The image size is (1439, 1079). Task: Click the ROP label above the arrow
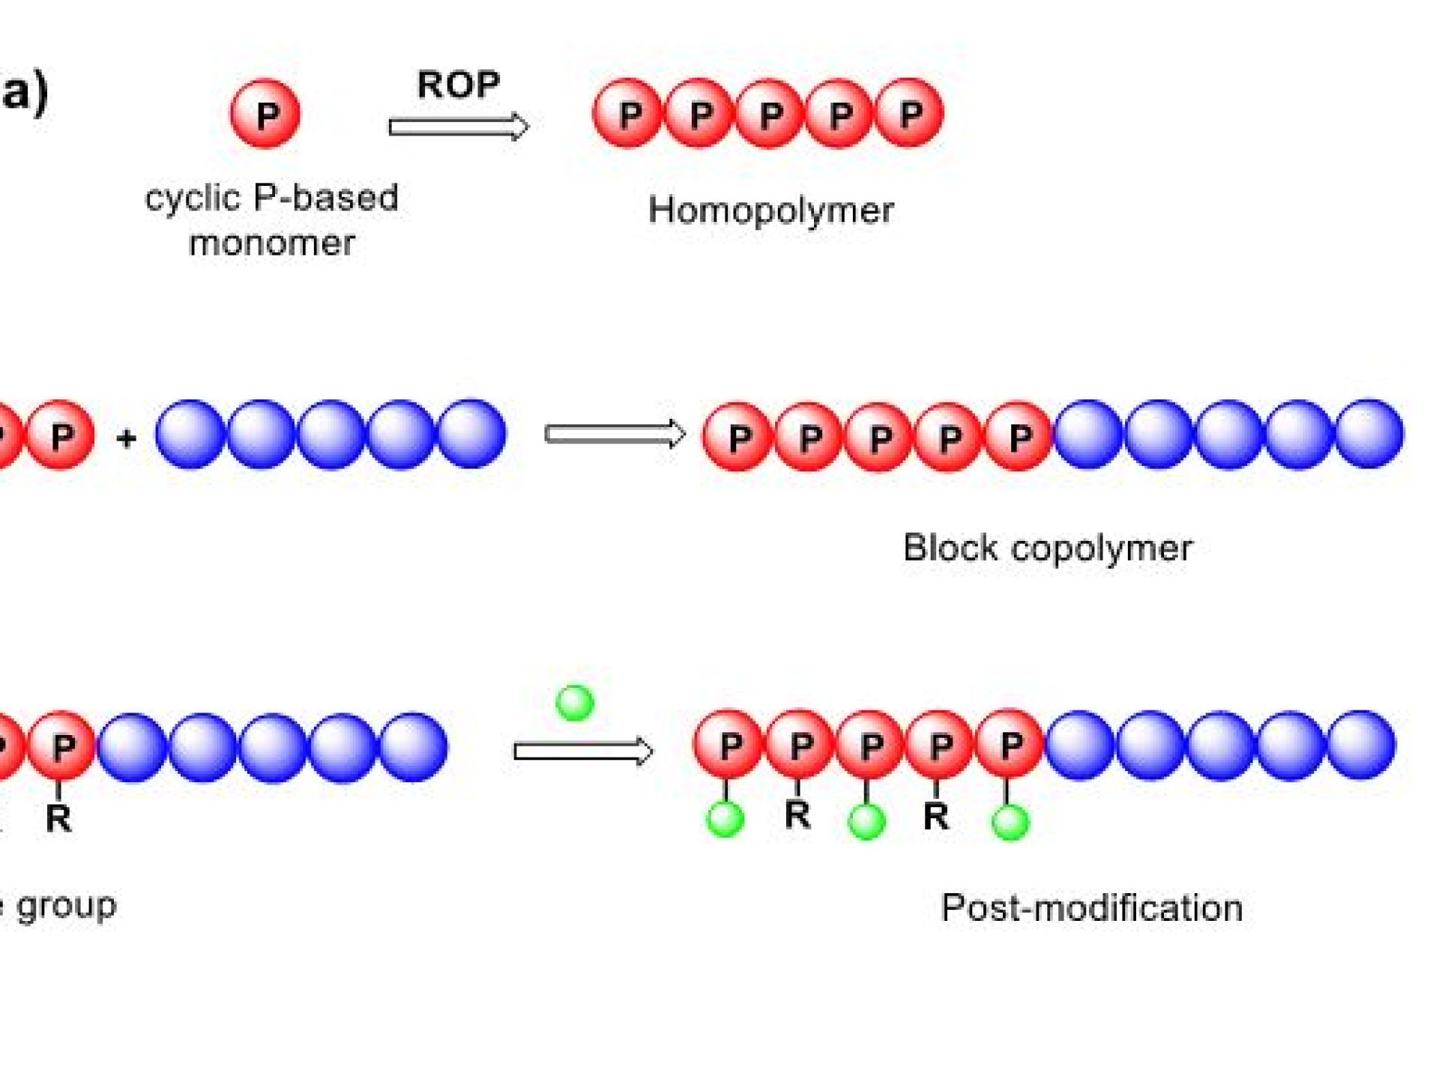click(458, 85)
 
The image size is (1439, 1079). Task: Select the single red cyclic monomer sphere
click(265, 114)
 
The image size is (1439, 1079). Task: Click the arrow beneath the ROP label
click(459, 127)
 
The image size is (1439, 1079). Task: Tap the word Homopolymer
click(770, 210)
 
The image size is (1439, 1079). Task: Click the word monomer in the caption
click(271, 244)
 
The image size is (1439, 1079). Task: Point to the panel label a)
click(24, 93)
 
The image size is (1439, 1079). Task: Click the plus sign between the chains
click(126, 437)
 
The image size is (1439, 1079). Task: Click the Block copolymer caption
click(1047, 548)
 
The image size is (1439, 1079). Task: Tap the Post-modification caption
click(1091, 908)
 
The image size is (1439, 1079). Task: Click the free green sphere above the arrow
click(575, 703)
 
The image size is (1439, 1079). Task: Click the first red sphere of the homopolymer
click(628, 114)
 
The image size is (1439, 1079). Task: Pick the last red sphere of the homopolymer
click(909, 114)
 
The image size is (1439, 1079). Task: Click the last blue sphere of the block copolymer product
click(1369, 434)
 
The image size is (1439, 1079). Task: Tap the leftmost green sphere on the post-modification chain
click(725, 819)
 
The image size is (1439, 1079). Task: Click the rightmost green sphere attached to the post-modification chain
click(1010, 822)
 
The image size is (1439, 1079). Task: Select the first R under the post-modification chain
click(797, 814)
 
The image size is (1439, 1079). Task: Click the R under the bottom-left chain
click(58, 817)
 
